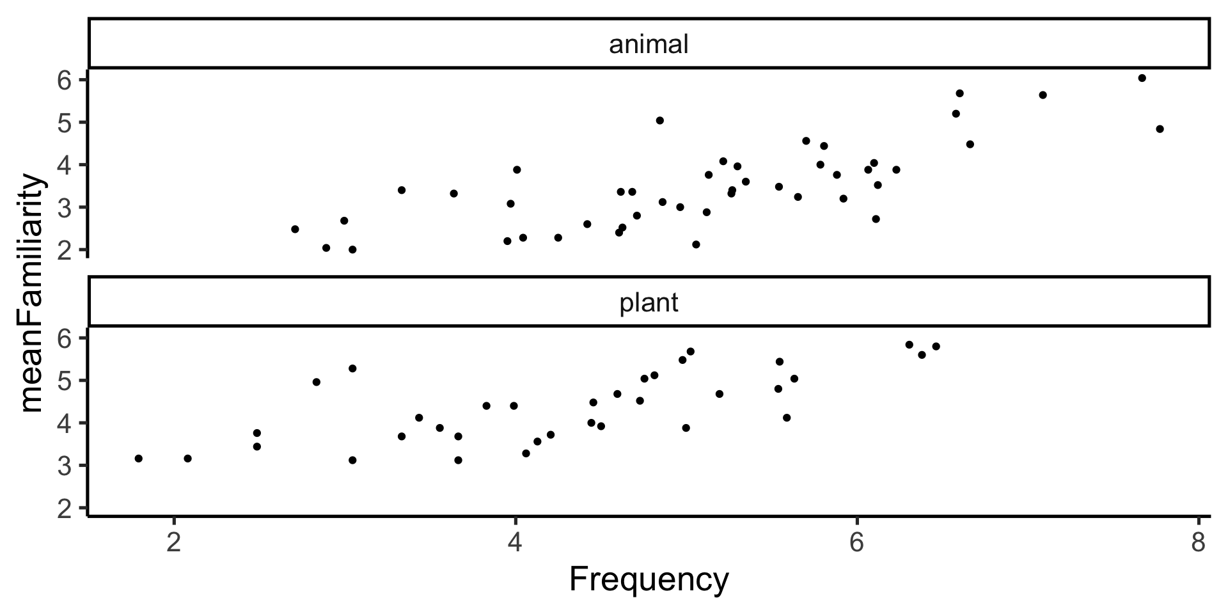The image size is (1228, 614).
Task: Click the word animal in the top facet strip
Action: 649,45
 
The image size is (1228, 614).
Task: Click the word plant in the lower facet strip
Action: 649,303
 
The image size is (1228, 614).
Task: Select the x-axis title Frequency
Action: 649,580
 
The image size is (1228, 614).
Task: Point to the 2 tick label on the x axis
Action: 173,542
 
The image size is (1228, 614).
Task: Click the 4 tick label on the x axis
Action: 515,542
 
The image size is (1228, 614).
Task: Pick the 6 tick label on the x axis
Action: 856,542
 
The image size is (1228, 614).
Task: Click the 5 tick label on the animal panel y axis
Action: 66,122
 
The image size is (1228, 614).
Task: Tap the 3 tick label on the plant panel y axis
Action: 66,466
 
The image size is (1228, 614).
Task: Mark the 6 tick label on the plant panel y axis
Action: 66,338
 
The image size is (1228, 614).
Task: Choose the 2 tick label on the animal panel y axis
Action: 66,250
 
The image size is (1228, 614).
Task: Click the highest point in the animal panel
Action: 1142,78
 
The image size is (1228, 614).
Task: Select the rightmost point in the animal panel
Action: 1160,129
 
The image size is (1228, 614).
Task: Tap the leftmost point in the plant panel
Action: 138,459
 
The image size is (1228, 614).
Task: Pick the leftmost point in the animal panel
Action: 295,229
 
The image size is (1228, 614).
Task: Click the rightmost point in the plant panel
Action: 936,346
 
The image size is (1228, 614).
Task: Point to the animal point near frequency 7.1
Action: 1043,95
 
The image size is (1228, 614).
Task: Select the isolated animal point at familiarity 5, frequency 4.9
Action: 659,120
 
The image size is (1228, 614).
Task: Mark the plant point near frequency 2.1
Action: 187,459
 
